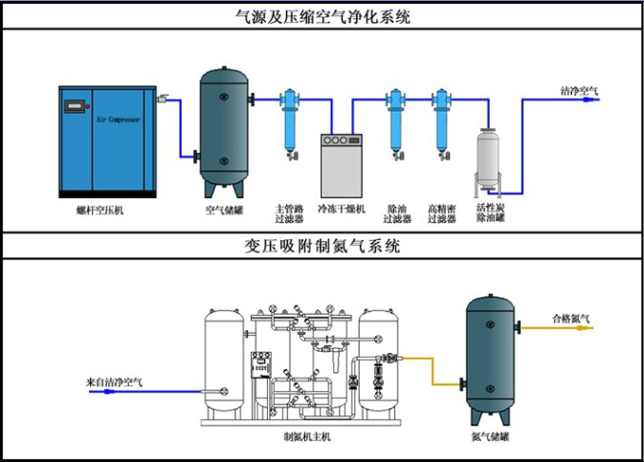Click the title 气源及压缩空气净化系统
(x=322, y=16)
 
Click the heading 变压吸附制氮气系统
(x=322, y=246)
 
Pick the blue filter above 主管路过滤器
(x=288, y=120)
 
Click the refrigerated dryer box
(x=343, y=165)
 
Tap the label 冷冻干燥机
(x=342, y=209)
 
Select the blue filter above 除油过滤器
(x=394, y=120)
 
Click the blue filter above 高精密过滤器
(x=441, y=120)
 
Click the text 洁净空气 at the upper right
(x=579, y=91)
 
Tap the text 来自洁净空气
(x=114, y=382)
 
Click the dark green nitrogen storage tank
(x=489, y=359)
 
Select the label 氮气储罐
(x=489, y=437)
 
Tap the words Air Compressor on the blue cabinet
(x=118, y=121)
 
